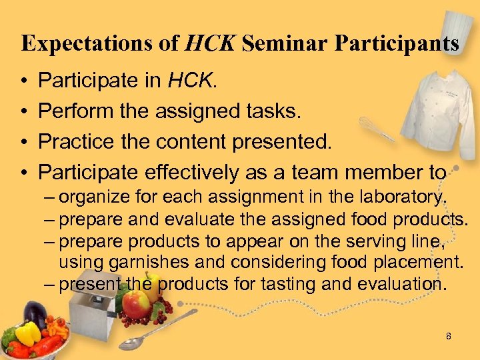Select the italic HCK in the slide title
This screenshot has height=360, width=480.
point(209,44)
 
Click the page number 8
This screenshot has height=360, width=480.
point(448,336)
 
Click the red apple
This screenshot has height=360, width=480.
point(137,305)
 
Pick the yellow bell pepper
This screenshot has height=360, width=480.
point(27,333)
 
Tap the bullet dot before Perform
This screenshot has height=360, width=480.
point(23,112)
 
